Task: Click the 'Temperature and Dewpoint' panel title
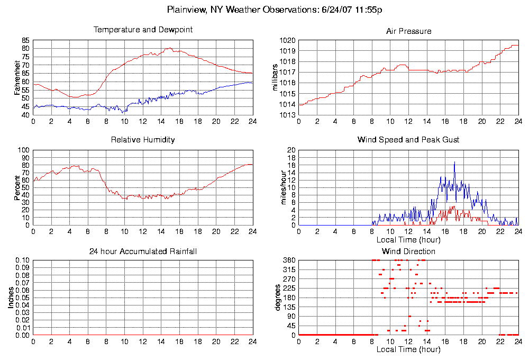143,30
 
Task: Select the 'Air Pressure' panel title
408,31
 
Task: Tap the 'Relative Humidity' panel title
143,140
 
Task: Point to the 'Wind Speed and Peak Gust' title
408,140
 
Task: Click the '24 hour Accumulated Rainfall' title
143,251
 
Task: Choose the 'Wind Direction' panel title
408,251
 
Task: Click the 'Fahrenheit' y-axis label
18,78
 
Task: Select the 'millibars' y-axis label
275,78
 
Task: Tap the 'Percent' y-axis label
18,188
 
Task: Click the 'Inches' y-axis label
11,298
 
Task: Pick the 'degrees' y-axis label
277,298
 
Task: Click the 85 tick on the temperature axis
25,40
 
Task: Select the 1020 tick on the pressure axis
286,40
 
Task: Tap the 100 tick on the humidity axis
23,150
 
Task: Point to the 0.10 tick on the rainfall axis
22,260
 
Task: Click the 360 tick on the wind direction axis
288,260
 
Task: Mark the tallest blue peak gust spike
454,163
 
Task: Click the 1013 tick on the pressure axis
286,115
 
